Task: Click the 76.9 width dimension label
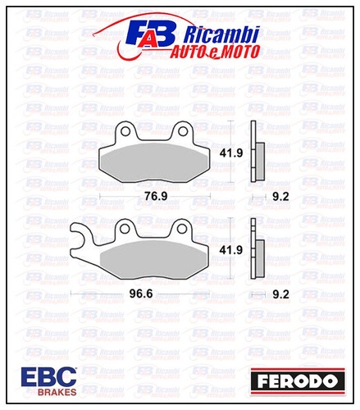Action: [156, 196]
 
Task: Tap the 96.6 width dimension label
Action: [141, 294]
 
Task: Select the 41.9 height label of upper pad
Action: [231, 153]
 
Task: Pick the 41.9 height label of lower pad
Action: [231, 250]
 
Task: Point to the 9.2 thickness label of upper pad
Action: [281, 197]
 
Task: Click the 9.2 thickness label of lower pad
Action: [281, 294]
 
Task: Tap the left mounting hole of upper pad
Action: [125, 131]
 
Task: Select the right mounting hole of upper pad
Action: [183, 131]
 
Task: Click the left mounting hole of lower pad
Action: [125, 229]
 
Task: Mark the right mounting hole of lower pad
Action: [182, 229]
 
